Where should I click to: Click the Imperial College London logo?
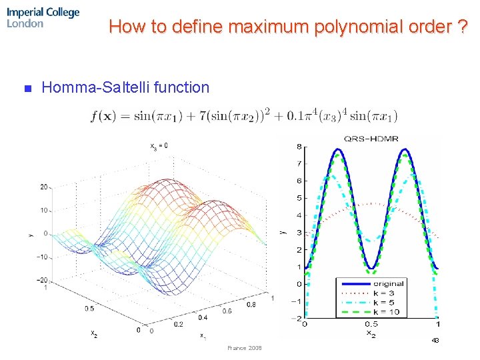(x=43, y=17)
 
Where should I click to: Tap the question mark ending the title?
(x=461, y=27)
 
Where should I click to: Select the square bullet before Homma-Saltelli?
(x=27, y=88)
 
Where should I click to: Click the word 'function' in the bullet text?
(x=181, y=87)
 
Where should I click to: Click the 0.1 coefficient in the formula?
(x=296, y=117)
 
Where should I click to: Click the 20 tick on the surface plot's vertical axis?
(x=43, y=187)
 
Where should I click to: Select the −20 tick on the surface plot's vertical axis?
(x=41, y=280)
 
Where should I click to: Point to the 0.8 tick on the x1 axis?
(x=251, y=305)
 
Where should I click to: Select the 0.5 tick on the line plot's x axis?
(x=371, y=323)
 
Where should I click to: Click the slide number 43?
(x=435, y=340)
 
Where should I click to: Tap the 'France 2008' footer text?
(x=245, y=348)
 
